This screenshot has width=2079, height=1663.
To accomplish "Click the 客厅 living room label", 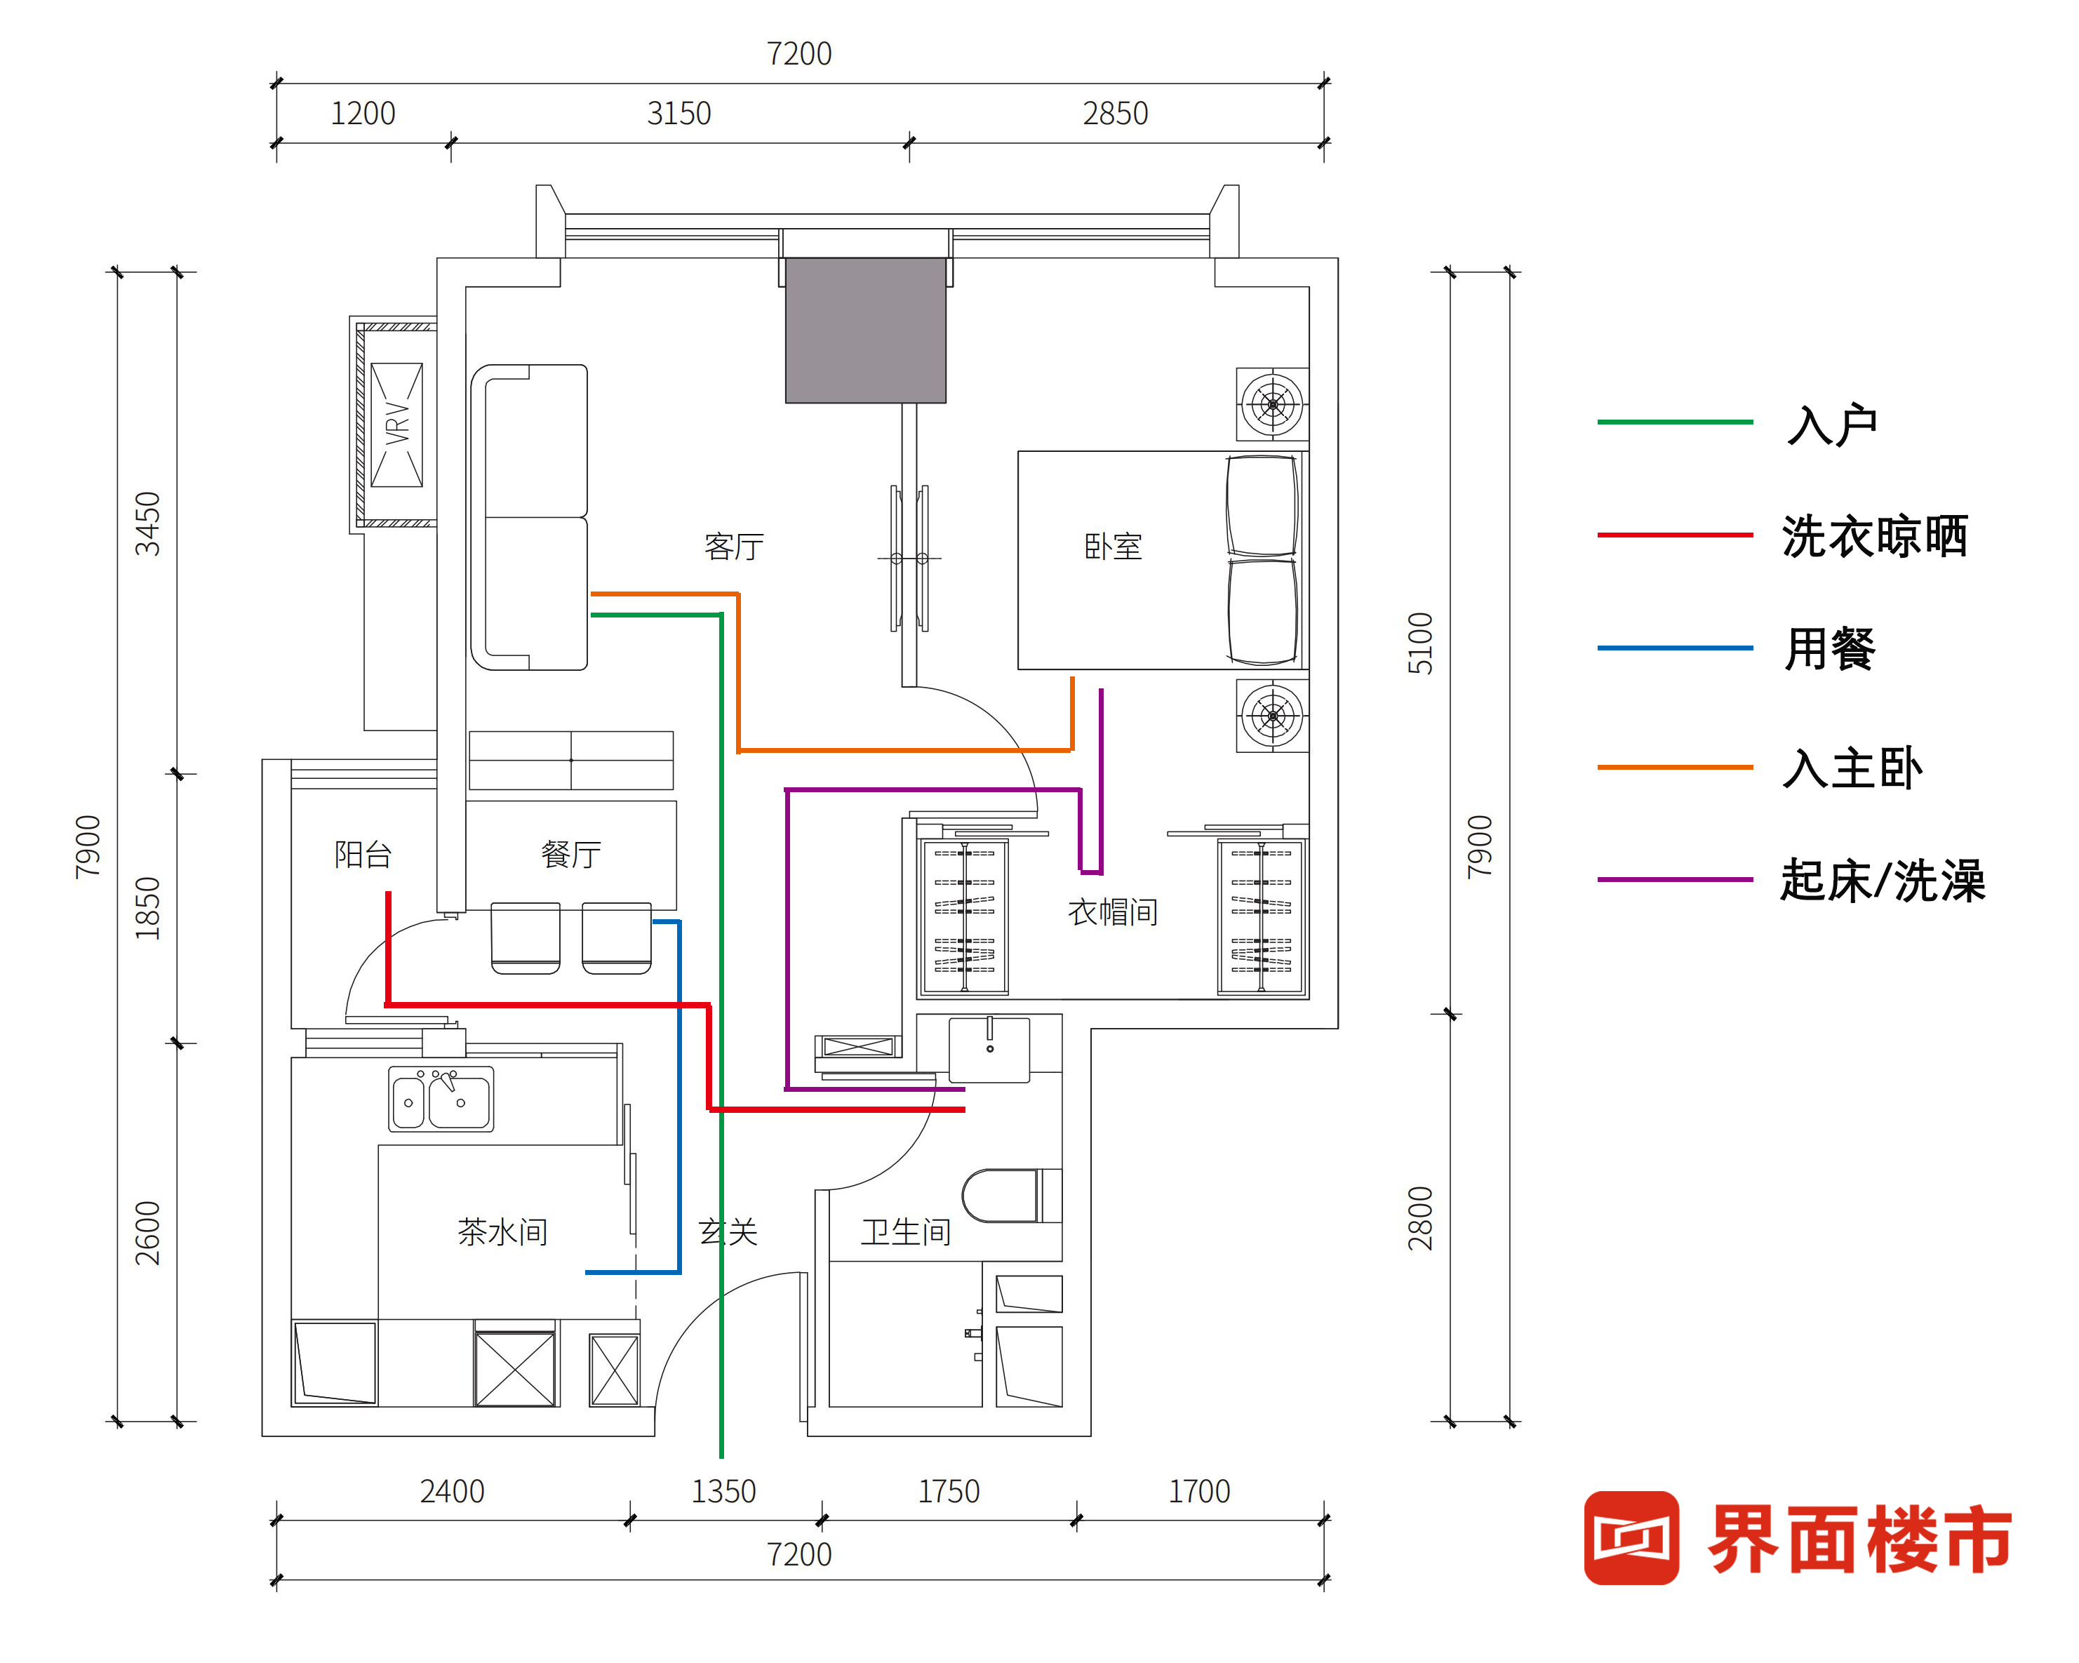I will pos(734,547).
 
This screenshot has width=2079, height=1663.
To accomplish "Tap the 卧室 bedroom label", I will pos(1113,547).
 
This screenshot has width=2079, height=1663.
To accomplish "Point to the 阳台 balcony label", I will pos(363,854).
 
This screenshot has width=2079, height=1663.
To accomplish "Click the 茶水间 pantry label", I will pos(502,1231).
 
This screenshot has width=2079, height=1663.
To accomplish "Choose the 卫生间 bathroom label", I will pos(905,1231).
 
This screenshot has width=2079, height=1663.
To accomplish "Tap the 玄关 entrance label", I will pos(728,1231).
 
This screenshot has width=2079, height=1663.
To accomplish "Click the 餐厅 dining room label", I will pos(571,854).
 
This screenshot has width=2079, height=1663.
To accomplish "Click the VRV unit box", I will pos(396,425).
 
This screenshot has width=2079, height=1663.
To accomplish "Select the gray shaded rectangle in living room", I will pos(865,330).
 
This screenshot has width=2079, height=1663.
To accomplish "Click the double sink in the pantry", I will pos(441,1098).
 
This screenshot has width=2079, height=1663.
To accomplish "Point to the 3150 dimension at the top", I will pos(679,114).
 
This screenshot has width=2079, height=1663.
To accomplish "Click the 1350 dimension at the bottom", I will pos(723,1491).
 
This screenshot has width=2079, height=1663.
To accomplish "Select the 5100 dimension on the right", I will pos(1420,643).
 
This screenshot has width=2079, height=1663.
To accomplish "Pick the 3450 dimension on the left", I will pos(147,523).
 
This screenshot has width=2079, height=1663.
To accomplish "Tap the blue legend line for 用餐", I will pos(1674,648).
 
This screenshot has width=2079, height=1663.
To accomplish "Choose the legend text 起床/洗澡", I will pos(1883,880).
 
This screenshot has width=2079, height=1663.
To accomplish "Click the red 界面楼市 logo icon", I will pos(1631,1537).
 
